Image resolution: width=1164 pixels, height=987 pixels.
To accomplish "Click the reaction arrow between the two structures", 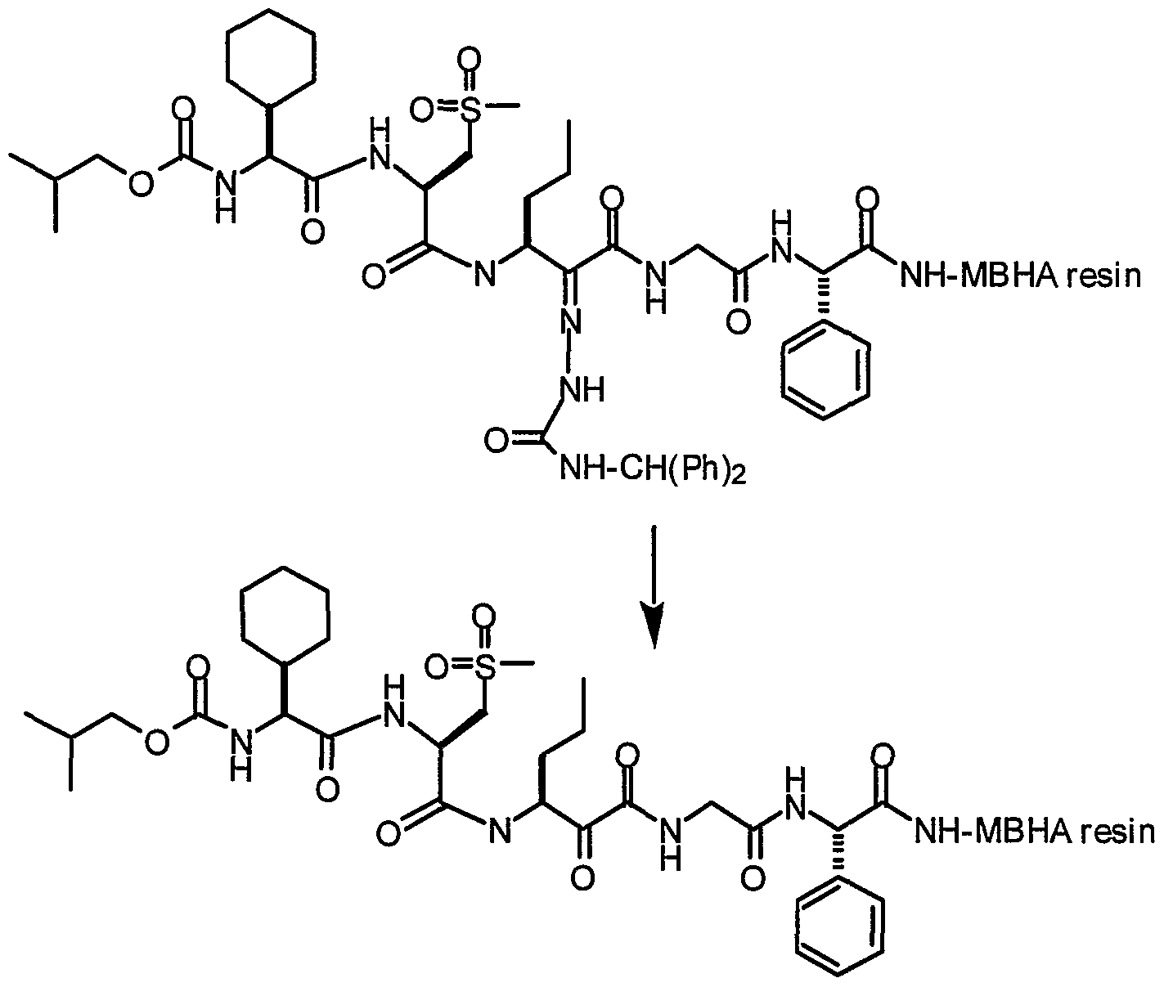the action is tap(654, 585).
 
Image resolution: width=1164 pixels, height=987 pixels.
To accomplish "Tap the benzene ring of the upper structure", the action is tap(782, 370).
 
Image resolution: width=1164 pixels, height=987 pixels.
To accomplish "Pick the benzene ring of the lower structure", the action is tap(796, 931).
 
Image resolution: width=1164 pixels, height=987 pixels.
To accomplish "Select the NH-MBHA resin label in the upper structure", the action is tap(1020, 276).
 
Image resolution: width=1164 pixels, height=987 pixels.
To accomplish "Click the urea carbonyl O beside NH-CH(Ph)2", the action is tap(497, 441).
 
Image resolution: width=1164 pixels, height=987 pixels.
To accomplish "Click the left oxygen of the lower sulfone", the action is tap(437, 668).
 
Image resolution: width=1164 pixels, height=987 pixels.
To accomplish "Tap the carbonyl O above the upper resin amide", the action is tap(868, 200).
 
